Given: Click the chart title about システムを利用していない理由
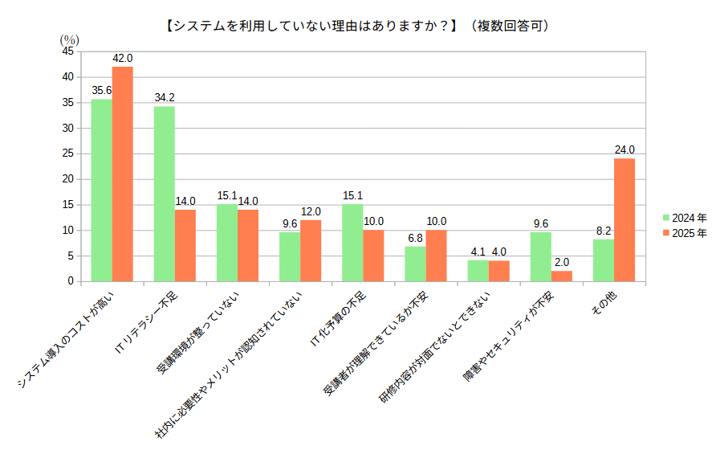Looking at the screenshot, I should pyautogui.click(x=357, y=26).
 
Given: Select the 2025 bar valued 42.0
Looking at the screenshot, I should pyautogui.click(x=122, y=174).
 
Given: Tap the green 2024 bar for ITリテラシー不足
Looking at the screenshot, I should pyautogui.click(x=164, y=194).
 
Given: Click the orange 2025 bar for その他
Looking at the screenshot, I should pyautogui.click(x=624, y=219).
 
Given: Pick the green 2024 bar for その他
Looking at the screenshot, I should pyautogui.click(x=604, y=260).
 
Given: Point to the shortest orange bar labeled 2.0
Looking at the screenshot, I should pyautogui.click(x=562, y=276).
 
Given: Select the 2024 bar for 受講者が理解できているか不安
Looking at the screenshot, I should pyautogui.click(x=415, y=264).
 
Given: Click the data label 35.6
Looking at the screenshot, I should pyautogui.click(x=101, y=91).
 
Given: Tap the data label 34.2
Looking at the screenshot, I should pyautogui.click(x=164, y=98).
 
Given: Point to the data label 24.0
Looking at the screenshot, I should pyautogui.click(x=624, y=149).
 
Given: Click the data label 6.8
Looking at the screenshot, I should pyautogui.click(x=415, y=238).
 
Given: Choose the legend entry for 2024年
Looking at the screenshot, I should pyautogui.click(x=685, y=218).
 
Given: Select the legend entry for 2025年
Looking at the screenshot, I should pyautogui.click(x=685, y=233).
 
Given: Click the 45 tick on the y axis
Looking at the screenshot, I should pyautogui.click(x=67, y=51).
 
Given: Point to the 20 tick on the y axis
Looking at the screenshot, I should pyautogui.click(x=67, y=179).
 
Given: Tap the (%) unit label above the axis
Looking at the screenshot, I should pyautogui.click(x=69, y=39).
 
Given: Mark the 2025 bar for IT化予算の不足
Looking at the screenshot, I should pyautogui.click(x=373, y=256).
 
